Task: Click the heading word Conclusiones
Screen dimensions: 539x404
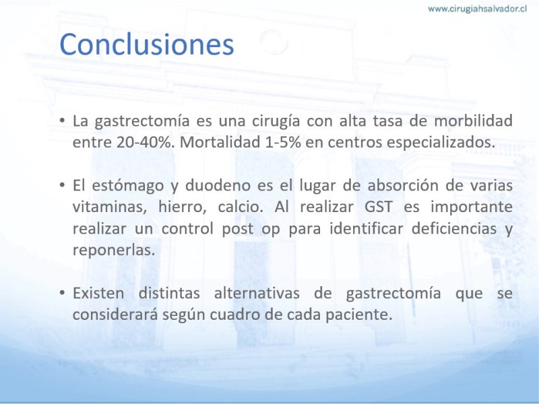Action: pyautogui.click(x=147, y=44)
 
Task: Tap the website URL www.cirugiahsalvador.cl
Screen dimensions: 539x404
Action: pyautogui.click(x=477, y=9)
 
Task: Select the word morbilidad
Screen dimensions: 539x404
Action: pyautogui.click(x=474, y=121)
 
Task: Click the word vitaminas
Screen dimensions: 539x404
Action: pyautogui.click(x=110, y=207)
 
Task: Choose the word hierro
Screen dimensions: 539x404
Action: pyautogui.click(x=182, y=207)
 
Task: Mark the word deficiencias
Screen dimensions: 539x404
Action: pyautogui.click(x=454, y=228)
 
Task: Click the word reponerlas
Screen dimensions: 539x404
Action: pyautogui.click(x=114, y=250)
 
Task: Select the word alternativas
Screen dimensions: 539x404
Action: pyautogui.click(x=257, y=294)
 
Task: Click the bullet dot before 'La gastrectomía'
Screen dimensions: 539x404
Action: pyautogui.click(x=62, y=121)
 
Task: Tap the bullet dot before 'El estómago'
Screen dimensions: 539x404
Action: pyautogui.click(x=62, y=186)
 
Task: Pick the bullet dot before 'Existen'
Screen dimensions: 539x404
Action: pyautogui.click(x=62, y=294)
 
